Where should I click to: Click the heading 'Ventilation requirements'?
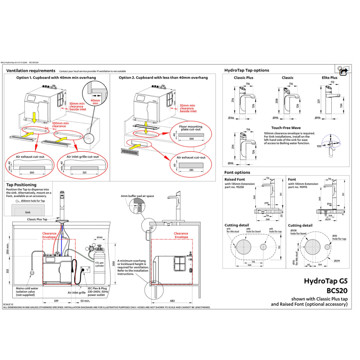(x=31, y=71)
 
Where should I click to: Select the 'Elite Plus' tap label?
(x=329, y=78)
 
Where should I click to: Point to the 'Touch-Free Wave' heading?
(x=286, y=128)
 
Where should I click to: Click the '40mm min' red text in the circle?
(x=95, y=102)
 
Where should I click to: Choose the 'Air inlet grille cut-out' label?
(x=83, y=156)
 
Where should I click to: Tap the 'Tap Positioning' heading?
(x=21, y=185)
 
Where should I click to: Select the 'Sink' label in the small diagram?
(x=28, y=212)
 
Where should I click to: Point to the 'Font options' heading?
(x=237, y=172)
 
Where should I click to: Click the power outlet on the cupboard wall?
(x=85, y=270)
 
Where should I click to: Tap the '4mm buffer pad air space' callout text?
(x=137, y=196)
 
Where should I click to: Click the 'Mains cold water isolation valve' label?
(x=27, y=291)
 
